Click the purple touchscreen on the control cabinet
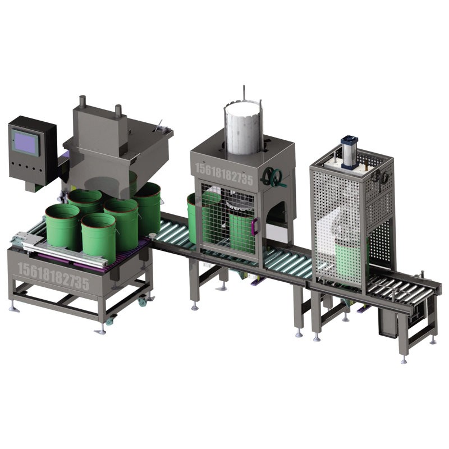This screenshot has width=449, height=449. click(x=25, y=143)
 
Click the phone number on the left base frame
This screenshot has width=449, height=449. click(x=53, y=276)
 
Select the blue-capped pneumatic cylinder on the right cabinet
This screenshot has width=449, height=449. click(x=349, y=152)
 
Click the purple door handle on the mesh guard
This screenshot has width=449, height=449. click(x=255, y=226)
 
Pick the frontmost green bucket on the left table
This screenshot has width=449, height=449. click(x=99, y=237)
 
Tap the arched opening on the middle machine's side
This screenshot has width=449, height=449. click(x=276, y=220)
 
